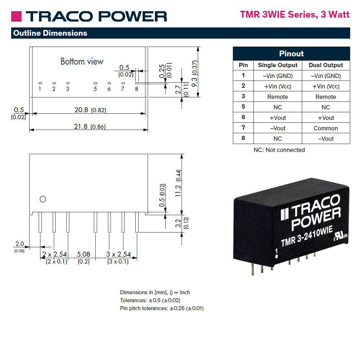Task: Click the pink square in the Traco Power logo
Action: [16, 17]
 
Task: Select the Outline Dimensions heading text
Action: [50, 33]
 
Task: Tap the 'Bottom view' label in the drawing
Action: [82, 61]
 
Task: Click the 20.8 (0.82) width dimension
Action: [90, 110]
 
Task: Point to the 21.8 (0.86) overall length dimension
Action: [90, 127]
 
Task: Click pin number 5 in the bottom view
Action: [95, 89]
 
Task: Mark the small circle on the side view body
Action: [43, 199]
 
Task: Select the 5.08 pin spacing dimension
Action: [83, 258]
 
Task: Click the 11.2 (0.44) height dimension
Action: [178, 183]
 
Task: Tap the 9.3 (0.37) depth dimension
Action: [195, 74]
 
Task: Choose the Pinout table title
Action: [291, 54]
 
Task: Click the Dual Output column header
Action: [326, 65]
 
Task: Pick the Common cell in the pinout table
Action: [326, 128]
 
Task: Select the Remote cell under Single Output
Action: [278, 97]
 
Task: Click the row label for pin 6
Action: [243, 117]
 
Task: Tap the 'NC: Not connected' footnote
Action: [279, 150]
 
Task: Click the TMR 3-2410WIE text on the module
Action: [307, 236]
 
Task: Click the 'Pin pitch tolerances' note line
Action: [162, 308]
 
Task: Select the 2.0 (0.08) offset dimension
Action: [19, 247]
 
